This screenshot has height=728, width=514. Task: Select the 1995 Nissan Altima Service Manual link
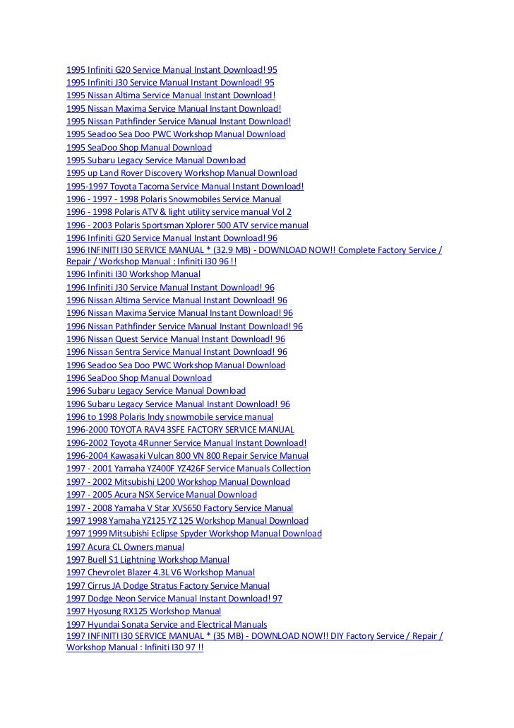coord(170,95)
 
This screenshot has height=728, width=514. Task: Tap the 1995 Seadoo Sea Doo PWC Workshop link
coord(176,134)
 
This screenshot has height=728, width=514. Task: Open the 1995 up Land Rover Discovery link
coord(181,173)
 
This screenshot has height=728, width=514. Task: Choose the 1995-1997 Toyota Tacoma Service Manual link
coord(185,186)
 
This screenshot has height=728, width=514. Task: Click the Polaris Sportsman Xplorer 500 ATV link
coord(187,225)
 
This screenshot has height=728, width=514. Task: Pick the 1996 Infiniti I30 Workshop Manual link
coord(133,274)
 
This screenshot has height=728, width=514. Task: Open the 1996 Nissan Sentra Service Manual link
coord(177,351)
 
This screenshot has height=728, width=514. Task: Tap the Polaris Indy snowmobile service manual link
coord(169,417)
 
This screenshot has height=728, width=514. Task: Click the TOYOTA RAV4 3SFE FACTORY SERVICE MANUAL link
coord(180,430)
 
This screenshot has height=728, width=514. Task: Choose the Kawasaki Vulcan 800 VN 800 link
coord(187,456)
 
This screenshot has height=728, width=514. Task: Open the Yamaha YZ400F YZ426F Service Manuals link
coord(189,469)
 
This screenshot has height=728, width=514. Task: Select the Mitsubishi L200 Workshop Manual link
coord(178,482)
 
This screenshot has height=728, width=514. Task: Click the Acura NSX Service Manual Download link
coord(162,495)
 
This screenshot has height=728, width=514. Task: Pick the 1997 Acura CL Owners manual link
coord(125,546)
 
